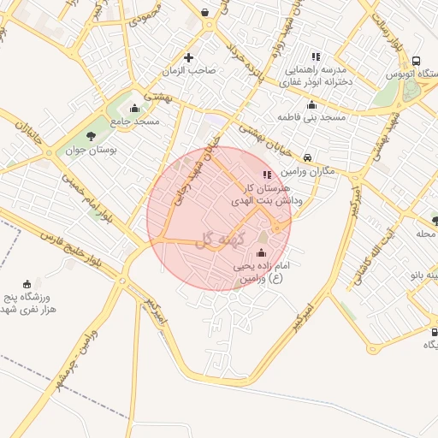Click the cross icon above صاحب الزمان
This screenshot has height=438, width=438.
(190, 57)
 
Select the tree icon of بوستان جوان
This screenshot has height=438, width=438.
(91, 136)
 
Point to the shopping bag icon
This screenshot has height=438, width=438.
(205, 12)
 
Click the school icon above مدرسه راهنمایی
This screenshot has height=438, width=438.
(316, 56)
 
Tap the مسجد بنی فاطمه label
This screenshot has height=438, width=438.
(311, 116)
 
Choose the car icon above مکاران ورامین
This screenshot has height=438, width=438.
(307, 157)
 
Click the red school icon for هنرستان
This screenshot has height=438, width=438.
(268, 175)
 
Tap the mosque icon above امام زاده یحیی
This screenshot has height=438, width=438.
(261, 253)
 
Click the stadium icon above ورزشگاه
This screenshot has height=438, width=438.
(27, 283)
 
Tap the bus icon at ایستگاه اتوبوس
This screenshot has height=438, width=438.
(416, 62)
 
